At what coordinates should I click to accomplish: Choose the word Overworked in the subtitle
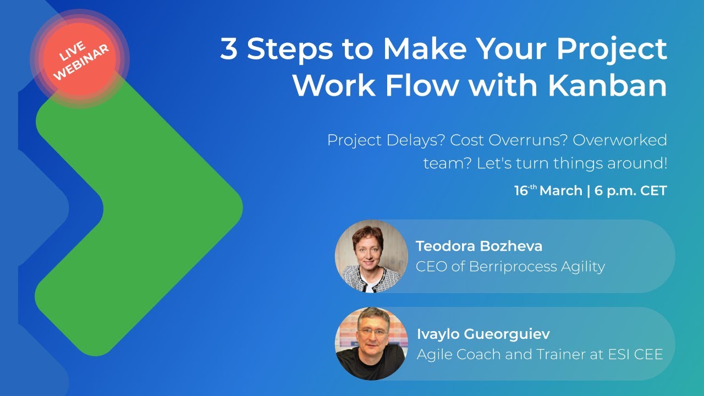point(620,140)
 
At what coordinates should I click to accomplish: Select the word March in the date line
point(560,191)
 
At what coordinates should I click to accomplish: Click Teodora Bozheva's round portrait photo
point(371,256)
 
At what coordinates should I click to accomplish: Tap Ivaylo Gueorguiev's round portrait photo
point(371,344)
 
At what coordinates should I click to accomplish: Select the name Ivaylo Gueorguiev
point(483,334)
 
